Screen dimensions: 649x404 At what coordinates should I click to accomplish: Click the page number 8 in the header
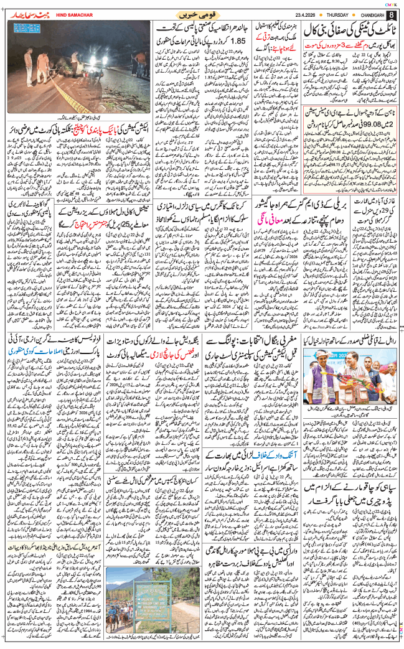click(x=391, y=14)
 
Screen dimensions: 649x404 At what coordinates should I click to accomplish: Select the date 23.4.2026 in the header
click(x=290, y=15)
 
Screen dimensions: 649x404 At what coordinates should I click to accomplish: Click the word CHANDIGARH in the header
click(x=371, y=15)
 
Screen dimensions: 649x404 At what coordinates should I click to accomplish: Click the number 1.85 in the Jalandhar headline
click(x=232, y=42)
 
